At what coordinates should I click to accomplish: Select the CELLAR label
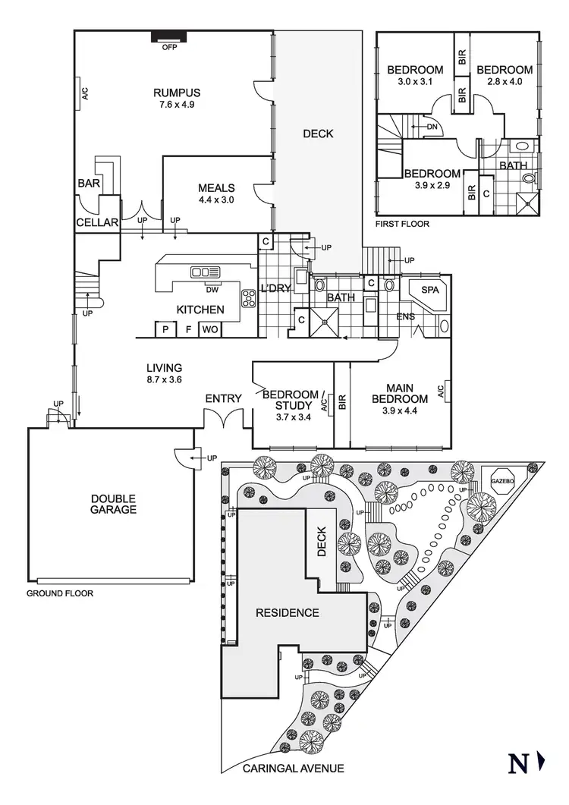[97, 223]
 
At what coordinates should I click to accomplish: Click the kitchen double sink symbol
[206, 272]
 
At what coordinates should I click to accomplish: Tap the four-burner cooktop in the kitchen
[249, 297]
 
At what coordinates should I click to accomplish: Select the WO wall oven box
[209, 329]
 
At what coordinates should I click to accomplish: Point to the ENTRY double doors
[223, 419]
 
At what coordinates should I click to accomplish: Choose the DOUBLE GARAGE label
[114, 504]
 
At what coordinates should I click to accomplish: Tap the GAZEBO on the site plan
[502, 482]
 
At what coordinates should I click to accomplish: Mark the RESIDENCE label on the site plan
[287, 612]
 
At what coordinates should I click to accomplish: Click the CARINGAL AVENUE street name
[293, 769]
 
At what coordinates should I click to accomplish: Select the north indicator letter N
[519, 763]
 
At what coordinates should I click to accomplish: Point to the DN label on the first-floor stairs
[432, 127]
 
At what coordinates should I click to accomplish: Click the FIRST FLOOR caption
[402, 225]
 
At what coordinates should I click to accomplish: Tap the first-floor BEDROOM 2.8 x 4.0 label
[504, 75]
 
